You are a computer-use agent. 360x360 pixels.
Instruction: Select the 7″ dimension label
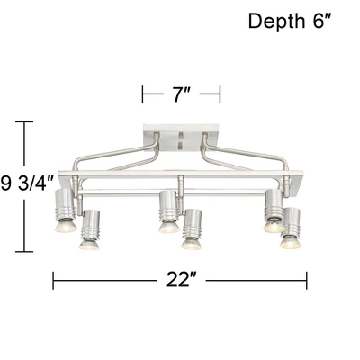(x=181, y=94)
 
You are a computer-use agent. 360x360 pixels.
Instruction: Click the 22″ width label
(x=181, y=280)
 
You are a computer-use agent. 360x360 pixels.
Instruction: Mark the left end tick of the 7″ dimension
(x=143, y=94)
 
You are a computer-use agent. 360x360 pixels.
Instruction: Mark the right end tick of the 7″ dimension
(x=220, y=94)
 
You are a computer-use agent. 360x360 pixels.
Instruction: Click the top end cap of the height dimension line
(x=24, y=121)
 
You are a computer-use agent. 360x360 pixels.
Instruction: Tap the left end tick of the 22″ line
(x=53, y=280)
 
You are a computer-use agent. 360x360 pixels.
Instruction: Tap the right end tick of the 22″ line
(x=308, y=280)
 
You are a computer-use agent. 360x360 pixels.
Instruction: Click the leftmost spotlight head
(x=64, y=211)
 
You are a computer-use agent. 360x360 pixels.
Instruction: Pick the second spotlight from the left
(x=89, y=230)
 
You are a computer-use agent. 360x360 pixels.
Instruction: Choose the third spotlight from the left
(x=166, y=211)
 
